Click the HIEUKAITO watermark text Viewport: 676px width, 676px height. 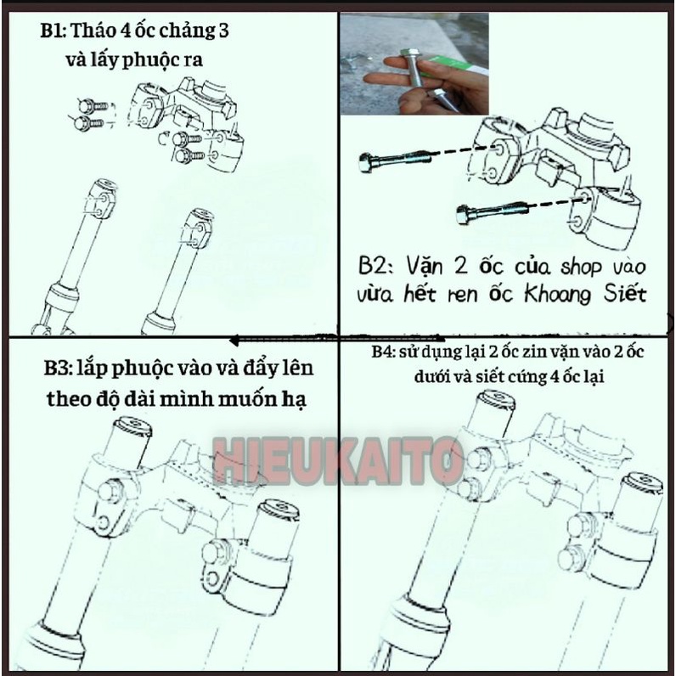tap(338, 460)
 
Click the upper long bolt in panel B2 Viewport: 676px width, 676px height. tap(395, 160)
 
